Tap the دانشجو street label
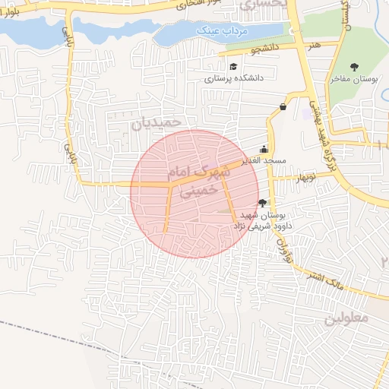click(255, 50)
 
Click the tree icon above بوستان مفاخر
click(354, 67)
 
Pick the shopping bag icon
click(283, 107)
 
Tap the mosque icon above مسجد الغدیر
click(264, 149)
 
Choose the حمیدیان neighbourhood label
click(158, 122)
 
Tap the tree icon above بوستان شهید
click(263, 203)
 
